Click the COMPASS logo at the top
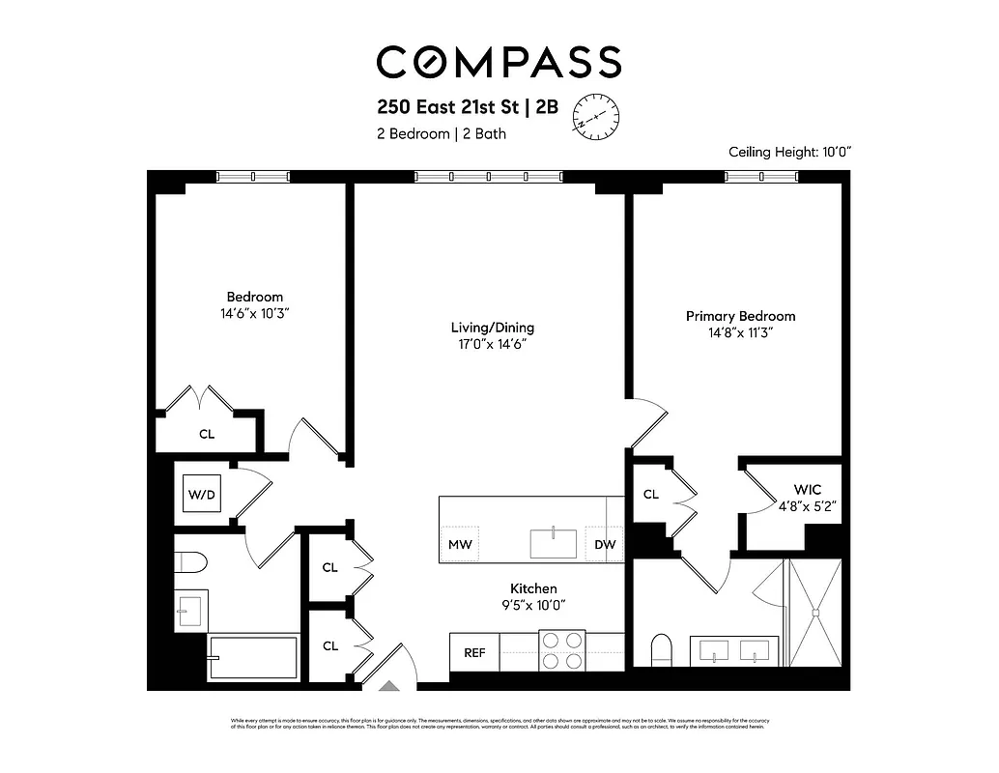tap(499, 62)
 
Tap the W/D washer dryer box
tap(202, 494)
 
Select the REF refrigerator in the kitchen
tap(474, 652)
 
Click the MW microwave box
tap(460, 544)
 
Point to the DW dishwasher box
tap(605, 544)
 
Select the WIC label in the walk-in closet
tap(807, 490)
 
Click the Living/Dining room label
tap(492, 328)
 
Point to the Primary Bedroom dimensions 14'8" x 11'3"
tap(741, 332)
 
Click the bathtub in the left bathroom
tap(254, 659)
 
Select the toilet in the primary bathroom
tap(662, 648)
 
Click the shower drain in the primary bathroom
tap(816, 611)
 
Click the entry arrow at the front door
tap(388, 685)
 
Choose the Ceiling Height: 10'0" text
tap(789, 152)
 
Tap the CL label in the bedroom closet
tap(207, 434)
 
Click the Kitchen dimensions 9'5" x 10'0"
tap(533, 605)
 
